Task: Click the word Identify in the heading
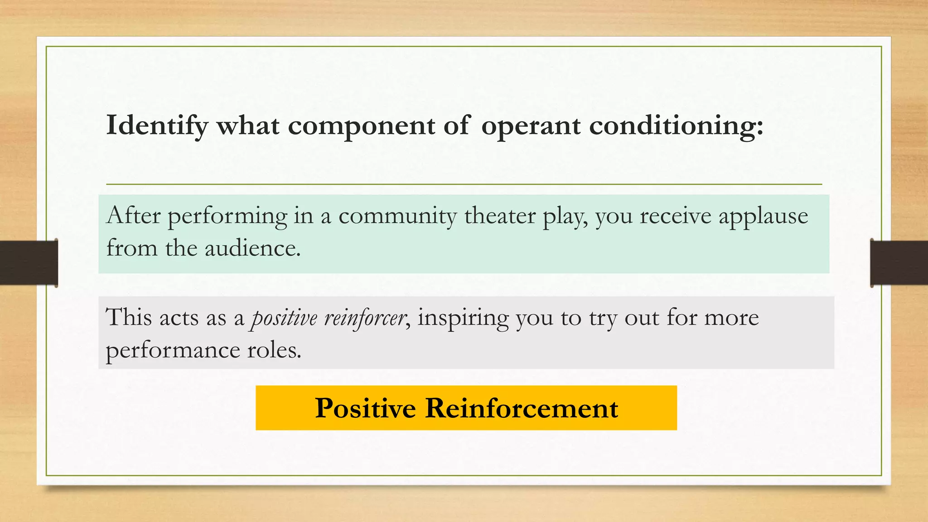[x=157, y=126]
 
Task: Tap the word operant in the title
[x=530, y=126]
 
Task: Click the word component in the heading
[x=361, y=126]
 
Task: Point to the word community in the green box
[x=397, y=216]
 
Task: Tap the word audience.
[x=252, y=248]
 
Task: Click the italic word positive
[x=284, y=317]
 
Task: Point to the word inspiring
[x=463, y=318]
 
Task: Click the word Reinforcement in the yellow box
[x=521, y=408]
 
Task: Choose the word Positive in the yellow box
[x=365, y=408]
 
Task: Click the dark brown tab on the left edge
[x=29, y=263]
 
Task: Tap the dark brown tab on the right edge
[x=899, y=263]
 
